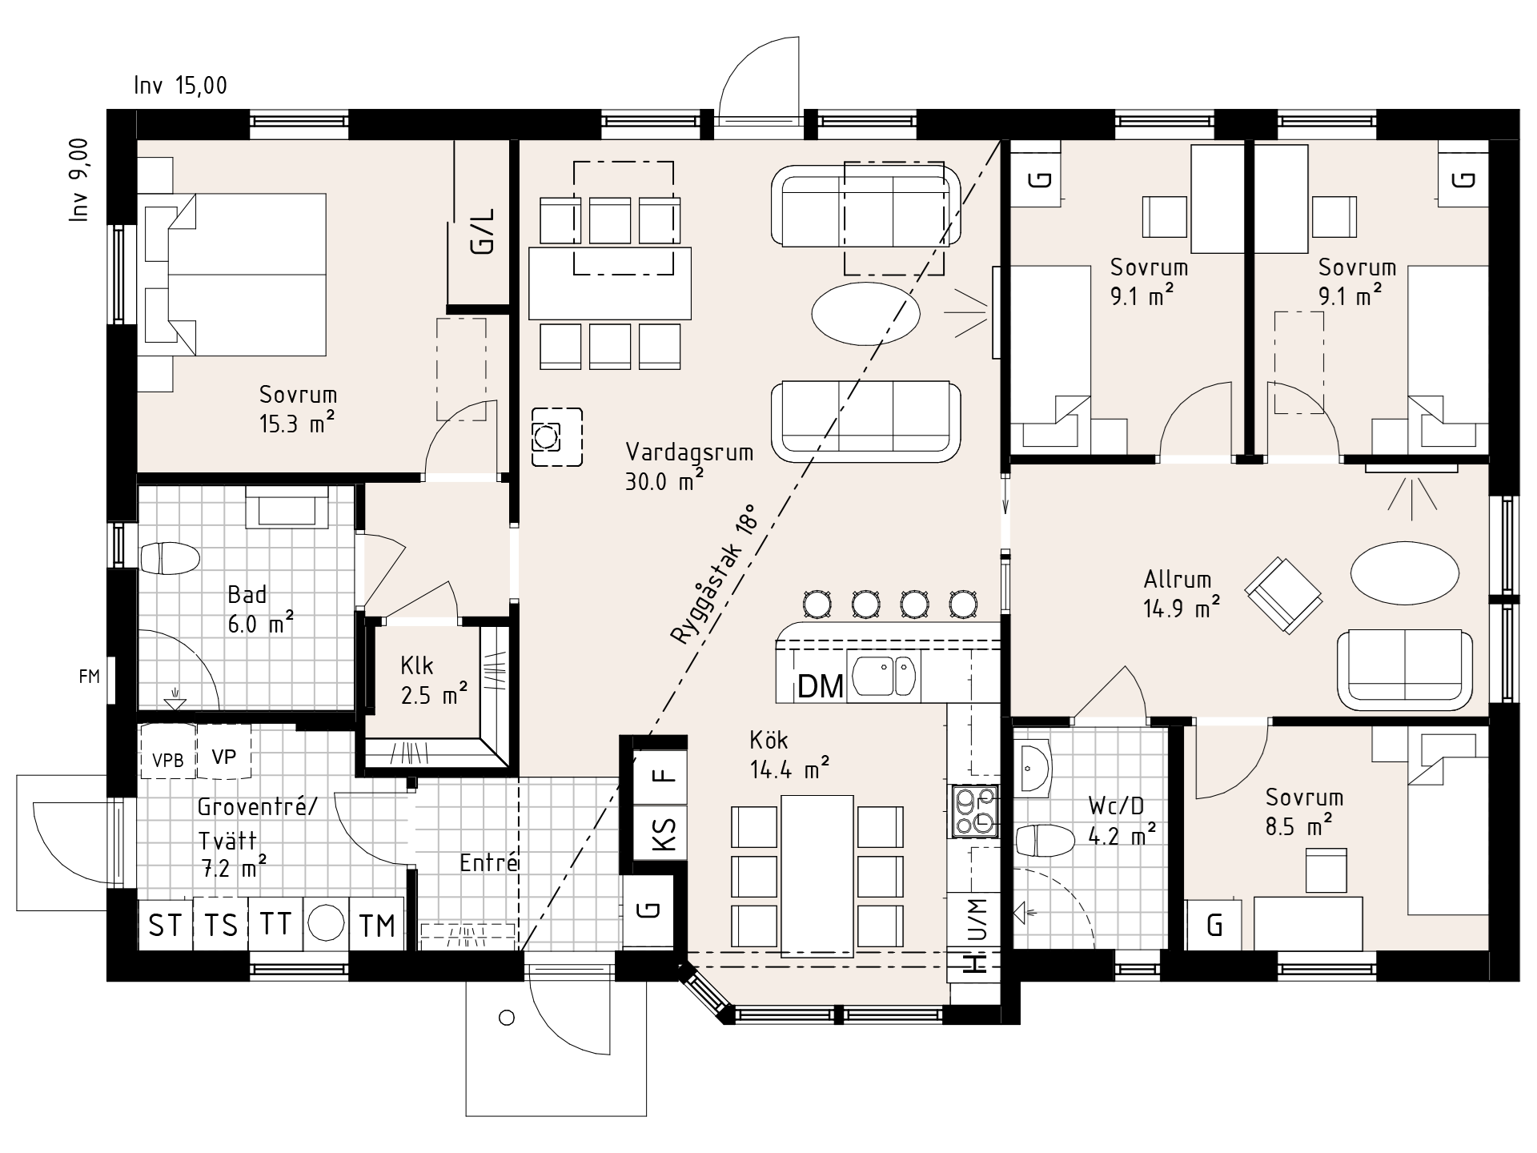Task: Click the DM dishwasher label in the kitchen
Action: [x=821, y=686]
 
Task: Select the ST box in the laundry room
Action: [x=166, y=926]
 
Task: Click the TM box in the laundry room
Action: [x=377, y=926]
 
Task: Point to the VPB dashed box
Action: [x=167, y=752]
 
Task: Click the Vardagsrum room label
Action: [x=689, y=452]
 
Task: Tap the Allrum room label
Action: [x=1178, y=579]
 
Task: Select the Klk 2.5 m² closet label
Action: [x=434, y=681]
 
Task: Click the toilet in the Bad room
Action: [x=169, y=558]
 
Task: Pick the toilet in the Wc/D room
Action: [x=1045, y=841]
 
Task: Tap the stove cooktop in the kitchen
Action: [x=974, y=811]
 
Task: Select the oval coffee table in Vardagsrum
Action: [x=865, y=313]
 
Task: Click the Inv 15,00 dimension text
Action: [x=181, y=86]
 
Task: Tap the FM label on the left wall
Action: [x=90, y=677]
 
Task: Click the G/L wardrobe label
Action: [x=483, y=231]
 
